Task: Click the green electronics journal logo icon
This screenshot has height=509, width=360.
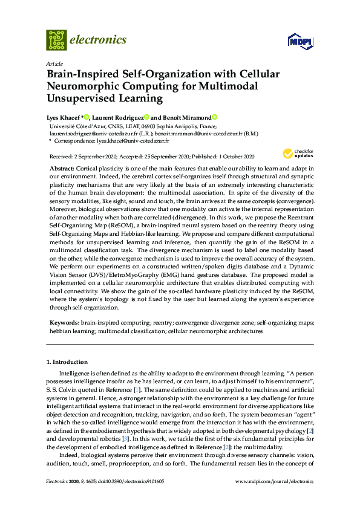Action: point(56,40)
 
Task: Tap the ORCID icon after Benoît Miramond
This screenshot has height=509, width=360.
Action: point(214,117)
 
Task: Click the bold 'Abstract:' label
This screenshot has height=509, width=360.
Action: point(61,167)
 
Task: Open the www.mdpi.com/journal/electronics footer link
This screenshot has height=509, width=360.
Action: point(274,482)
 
